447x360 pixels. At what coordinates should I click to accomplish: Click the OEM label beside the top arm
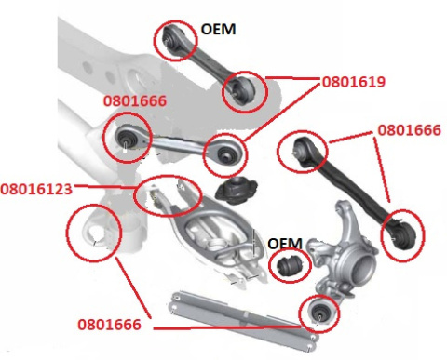pyautogui.click(x=219, y=30)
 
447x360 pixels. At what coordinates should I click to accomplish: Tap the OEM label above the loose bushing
pyautogui.click(x=285, y=244)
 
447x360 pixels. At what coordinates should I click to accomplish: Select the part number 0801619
pyautogui.click(x=354, y=82)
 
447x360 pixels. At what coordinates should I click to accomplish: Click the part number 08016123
pyautogui.click(x=36, y=189)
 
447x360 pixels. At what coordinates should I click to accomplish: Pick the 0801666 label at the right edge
pyautogui.click(x=410, y=130)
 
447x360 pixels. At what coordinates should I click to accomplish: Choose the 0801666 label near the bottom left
pyautogui.click(x=109, y=325)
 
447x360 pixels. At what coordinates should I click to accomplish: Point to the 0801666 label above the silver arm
pyautogui.click(x=135, y=101)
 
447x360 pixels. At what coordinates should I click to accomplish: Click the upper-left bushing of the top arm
pyautogui.click(x=172, y=39)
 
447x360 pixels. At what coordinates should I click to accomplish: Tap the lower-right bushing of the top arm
pyautogui.click(x=243, y=89)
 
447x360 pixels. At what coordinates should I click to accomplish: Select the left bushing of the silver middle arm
pyautogui.click(x=128, y=139)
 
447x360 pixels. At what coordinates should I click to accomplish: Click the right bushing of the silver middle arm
pyautogui.click(x=225, y=154)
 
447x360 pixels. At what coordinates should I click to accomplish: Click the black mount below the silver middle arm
pyautogui.click(x=237, y=191)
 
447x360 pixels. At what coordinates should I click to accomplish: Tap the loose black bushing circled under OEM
pyautogui.click(x=290, y=266)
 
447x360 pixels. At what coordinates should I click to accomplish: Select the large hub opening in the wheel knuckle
pyautogui.click(x=362, y=269)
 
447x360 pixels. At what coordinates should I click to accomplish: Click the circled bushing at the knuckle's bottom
pyautogui.click(x=320, y=313)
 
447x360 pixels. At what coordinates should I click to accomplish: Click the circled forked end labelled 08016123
pyautogui.click(x=168, y=196)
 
